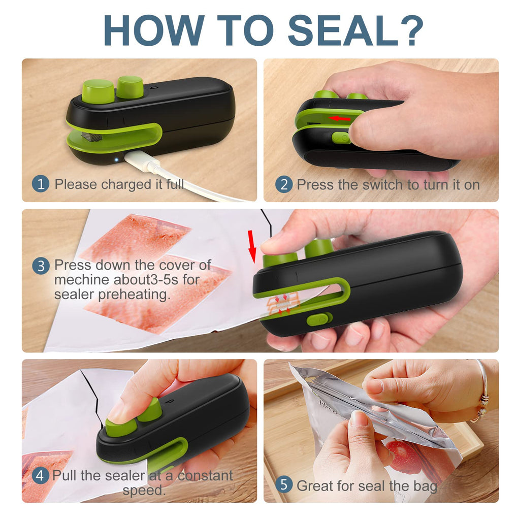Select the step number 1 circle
pyautogui.click(x=41, y=184)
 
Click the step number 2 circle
pyautogui.click(x=284, y=184)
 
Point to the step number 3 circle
pyautogui.click(x=41, y=266)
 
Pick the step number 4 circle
pyautogui.click(x=41, y=476)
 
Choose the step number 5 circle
pyautogui.click(x=284, y=485)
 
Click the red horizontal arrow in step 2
pyautogui.click(x=340, y=118)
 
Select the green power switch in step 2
pyautogui.click(x=341, y=138)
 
